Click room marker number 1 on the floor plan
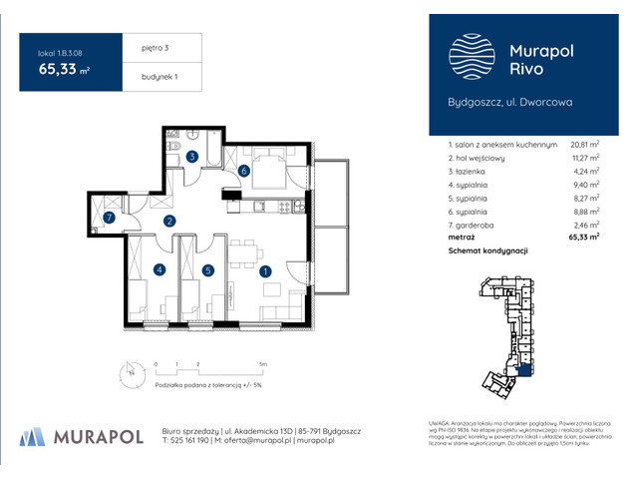(264, 270)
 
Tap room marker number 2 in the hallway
(169, 222)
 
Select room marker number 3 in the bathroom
(192, 157)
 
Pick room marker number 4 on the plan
(158, 269)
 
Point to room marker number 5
(207, 269)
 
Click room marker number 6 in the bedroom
(244, 171)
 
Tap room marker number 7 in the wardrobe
(110, 217)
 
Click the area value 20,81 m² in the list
(583, 145)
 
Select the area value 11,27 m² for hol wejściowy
(584, 158)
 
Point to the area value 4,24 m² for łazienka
(586, 171)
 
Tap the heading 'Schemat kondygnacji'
(487, 252)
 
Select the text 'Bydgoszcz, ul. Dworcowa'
(508, 102)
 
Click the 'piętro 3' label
(147, 47)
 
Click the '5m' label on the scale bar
(261, 365)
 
